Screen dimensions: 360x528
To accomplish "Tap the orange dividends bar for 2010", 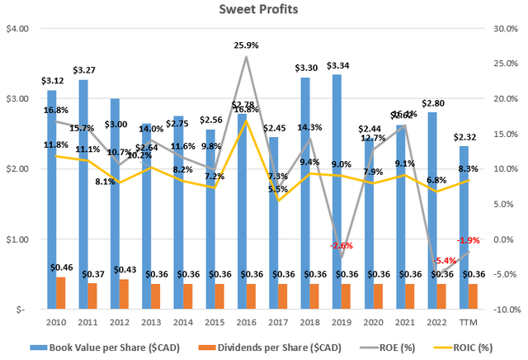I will (61, 293).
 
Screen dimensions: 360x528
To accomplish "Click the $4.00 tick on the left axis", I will (17, 28).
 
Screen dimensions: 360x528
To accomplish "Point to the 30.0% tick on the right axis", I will (506, 28).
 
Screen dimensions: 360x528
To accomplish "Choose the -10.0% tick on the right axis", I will (504, 310).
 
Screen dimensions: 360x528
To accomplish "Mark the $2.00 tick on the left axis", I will (17, 169).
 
